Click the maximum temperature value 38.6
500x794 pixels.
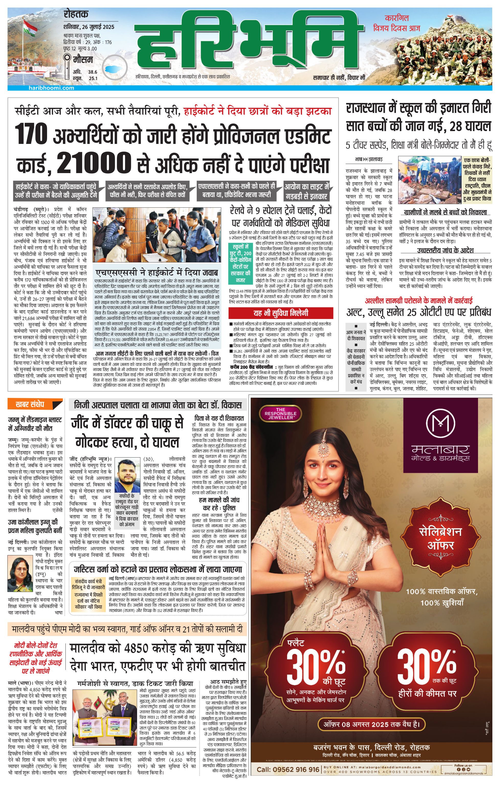[x=93, y=72]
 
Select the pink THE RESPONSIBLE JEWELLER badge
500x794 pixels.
[x=280, y=413]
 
